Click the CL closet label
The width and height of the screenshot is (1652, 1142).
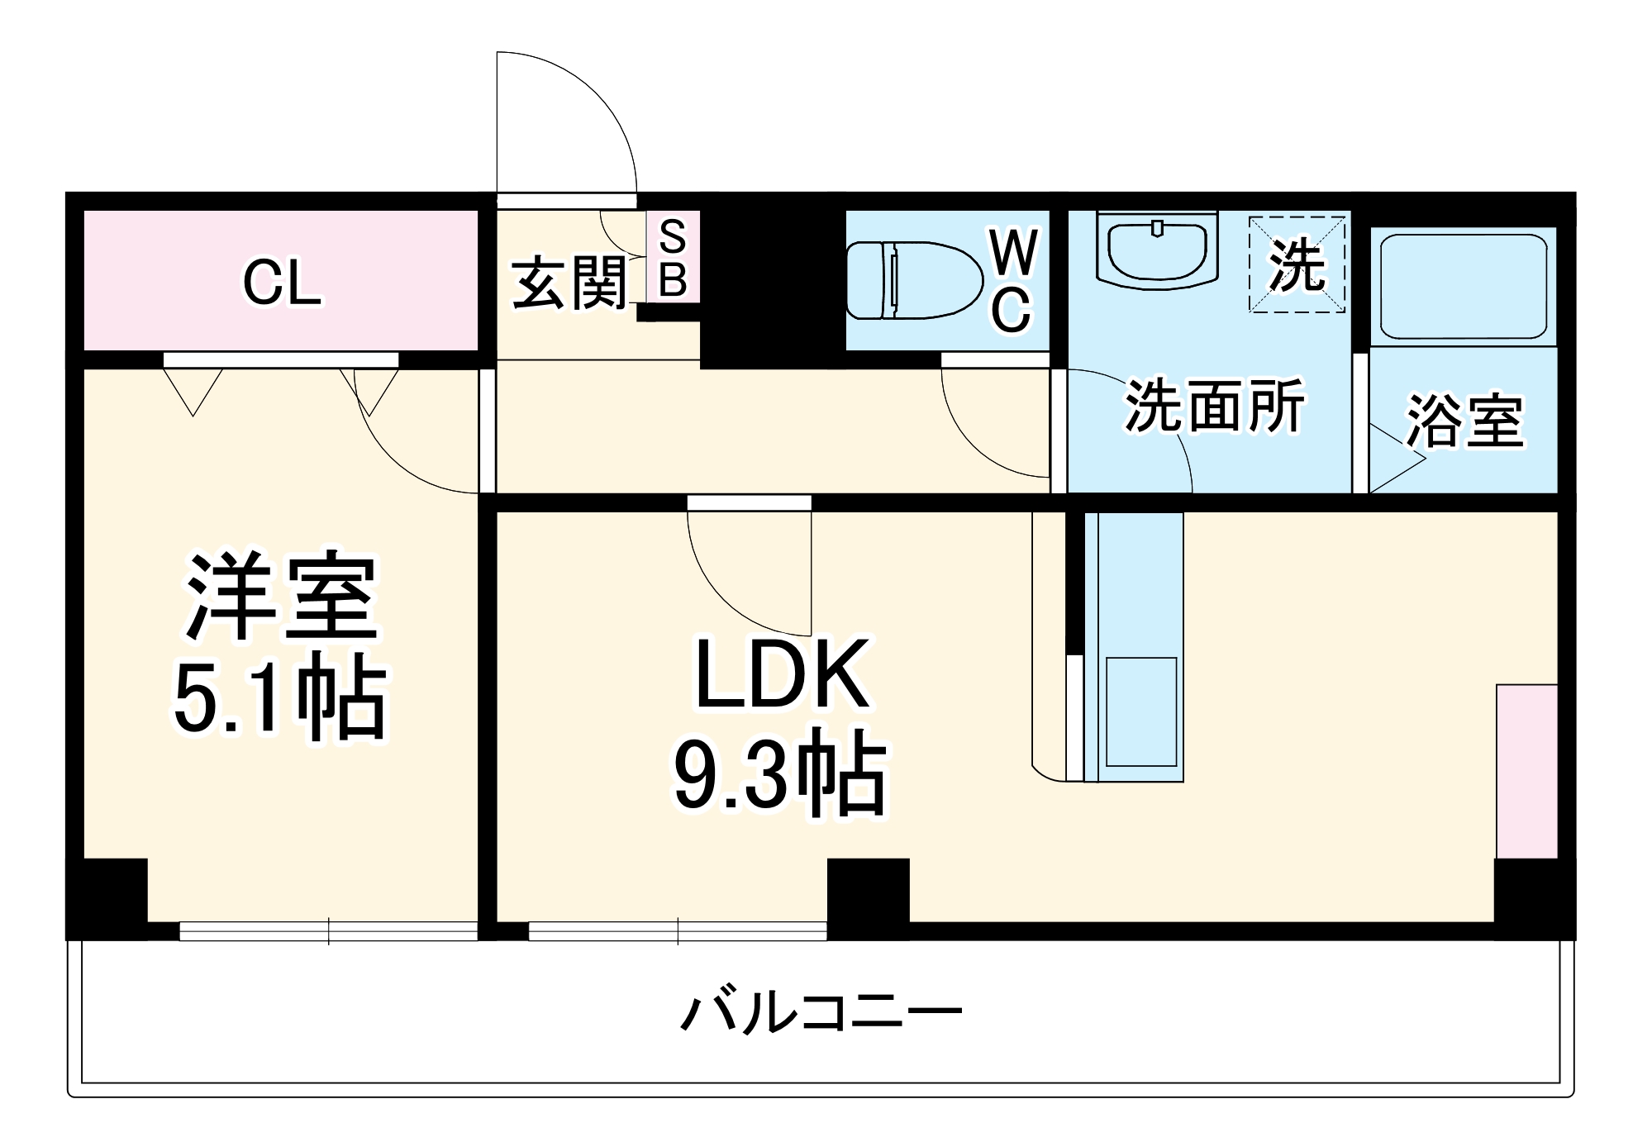point(281,283)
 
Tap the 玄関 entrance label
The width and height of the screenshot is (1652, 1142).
point(569,283)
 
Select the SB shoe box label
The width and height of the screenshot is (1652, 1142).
point(673,259)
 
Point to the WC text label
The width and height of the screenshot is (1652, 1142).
point(1013,281)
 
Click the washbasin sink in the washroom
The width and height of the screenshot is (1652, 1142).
point(1158,250)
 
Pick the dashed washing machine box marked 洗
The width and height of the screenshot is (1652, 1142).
point(1296,264)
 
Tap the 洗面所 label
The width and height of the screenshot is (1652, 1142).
point(1214,406)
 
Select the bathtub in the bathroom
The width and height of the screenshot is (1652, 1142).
point(1463,286)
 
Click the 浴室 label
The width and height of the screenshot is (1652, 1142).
point(1464,421)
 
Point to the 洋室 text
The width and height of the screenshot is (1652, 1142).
point(281,595)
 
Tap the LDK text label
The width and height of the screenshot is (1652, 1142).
point(782,674)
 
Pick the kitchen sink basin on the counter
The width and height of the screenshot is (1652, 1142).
point(1140,711)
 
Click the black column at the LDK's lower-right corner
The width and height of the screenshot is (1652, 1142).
point(1534,898)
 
